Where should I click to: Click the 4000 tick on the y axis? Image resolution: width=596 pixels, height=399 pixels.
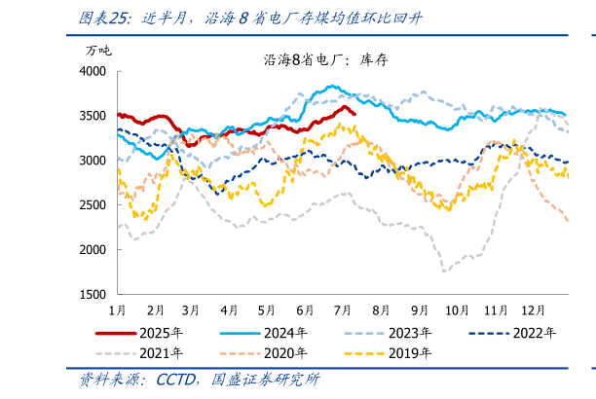pos(93,72)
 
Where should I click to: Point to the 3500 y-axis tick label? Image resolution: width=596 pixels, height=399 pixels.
pos(93,116)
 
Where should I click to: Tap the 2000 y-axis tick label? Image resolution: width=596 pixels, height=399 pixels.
pos(93,250)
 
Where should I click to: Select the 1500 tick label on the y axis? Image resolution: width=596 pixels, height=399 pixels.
pos(93,294)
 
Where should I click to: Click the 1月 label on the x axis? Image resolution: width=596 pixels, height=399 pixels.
pos(116,309)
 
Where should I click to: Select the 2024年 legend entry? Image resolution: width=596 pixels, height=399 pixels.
pos(283,333)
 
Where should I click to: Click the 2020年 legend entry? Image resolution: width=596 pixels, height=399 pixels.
pos(283,352)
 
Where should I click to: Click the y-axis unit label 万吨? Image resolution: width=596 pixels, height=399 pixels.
pos(98,51)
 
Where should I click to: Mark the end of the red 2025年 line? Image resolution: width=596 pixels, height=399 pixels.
pos(354,114)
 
